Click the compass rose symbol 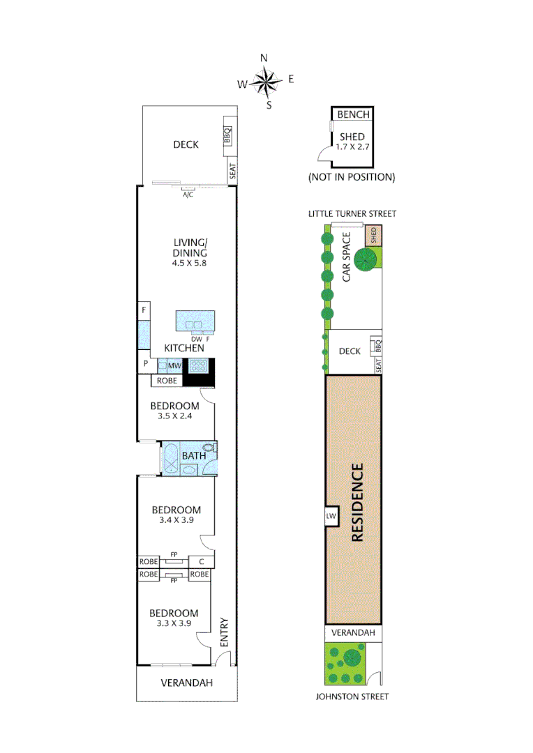pos(266,82)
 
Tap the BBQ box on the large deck pos(227,135)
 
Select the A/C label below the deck pos(188,195)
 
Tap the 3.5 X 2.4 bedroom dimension pos(175,416)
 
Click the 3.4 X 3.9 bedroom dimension pos(176,520)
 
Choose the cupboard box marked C pos(202,562)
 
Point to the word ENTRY pos(224,632)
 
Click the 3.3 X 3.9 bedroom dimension pos(175,624)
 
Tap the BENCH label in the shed pos(352,114)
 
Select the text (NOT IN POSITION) pos(352,177)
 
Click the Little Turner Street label pos(352,213)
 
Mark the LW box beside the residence pos(331,516)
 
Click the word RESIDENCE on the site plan pos(356,502)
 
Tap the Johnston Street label pos(352,697)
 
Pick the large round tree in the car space pos(365,261)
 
